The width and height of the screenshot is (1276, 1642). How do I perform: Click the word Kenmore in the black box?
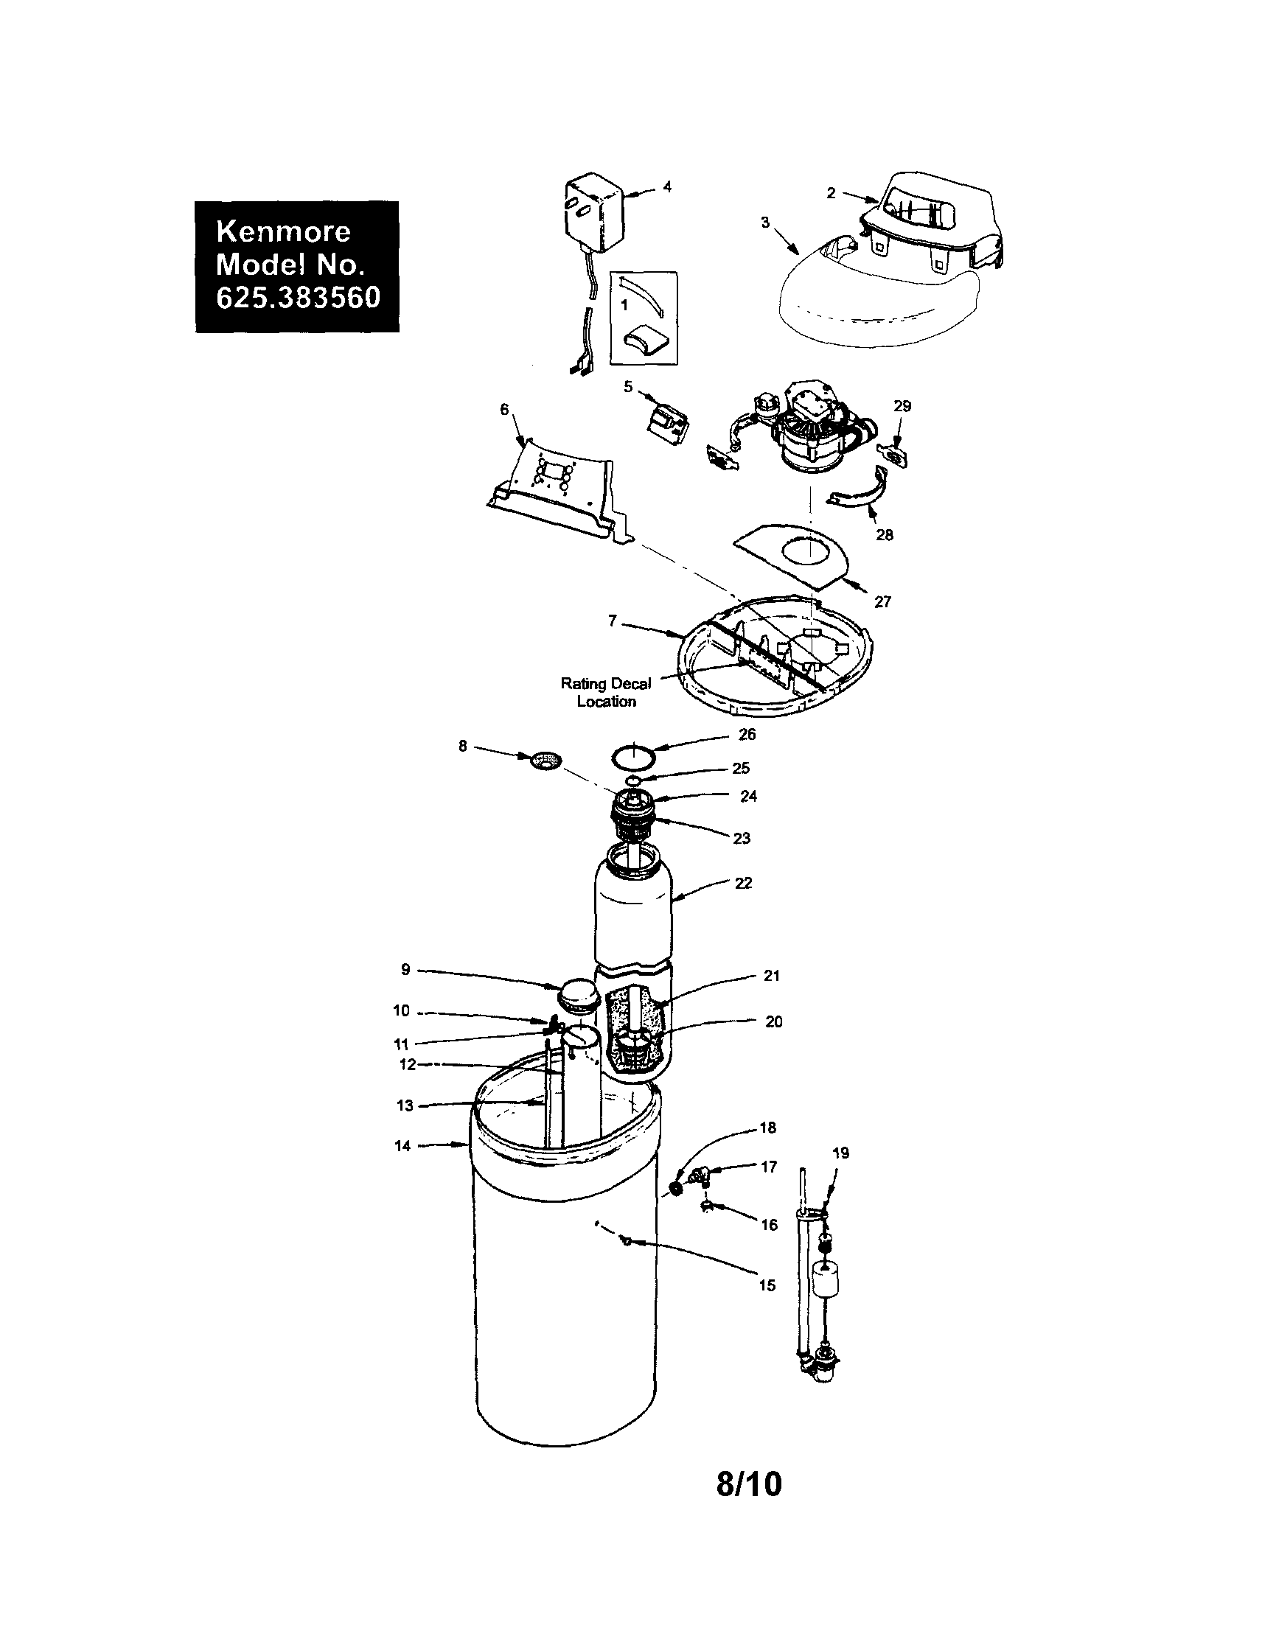click(283, 231)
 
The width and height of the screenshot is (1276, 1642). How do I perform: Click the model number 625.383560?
click(298, 298)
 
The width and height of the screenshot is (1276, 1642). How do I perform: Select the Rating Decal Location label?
click(606, 692)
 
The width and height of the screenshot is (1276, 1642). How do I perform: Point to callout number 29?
click(902, 406)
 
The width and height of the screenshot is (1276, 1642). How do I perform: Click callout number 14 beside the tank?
click(402, 1146)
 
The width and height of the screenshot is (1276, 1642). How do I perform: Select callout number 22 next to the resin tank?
click(743, 884)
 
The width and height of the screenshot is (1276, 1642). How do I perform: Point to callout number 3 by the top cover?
click(765, 223)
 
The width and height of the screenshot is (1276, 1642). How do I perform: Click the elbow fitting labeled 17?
click(704, 1173)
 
